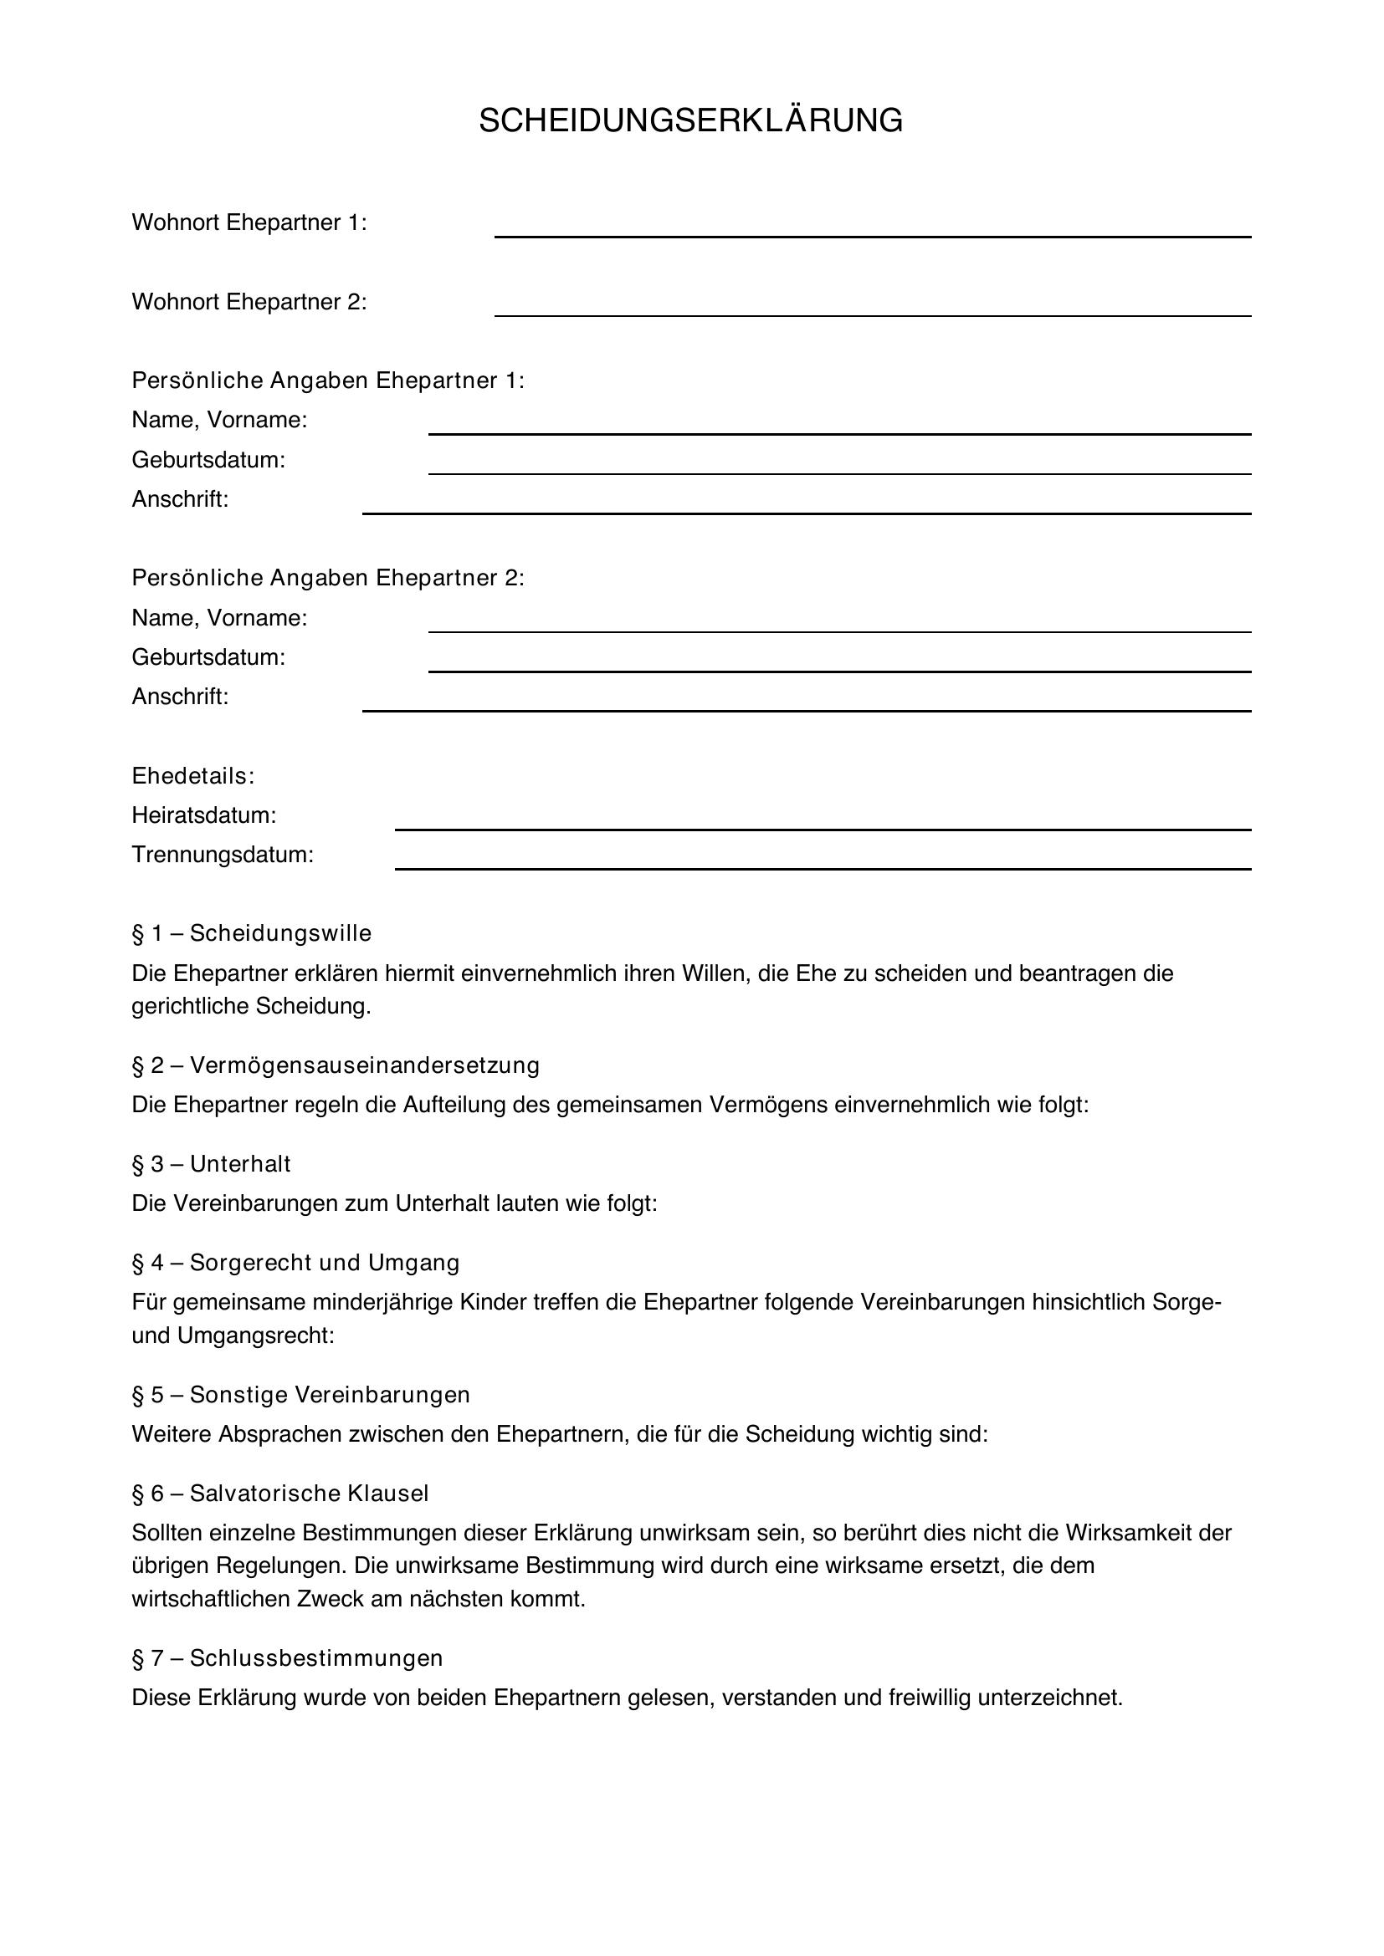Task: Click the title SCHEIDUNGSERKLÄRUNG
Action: [x=690, y=121]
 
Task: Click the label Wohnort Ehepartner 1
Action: [x=249, y=222]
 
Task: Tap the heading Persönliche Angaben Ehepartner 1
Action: [x=328, y=380]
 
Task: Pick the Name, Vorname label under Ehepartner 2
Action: [x=219, y=618]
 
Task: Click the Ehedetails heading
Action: [x=192, y=776]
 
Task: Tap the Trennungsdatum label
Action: [x=223, y=855]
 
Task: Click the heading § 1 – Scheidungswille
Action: [x=251, y=933]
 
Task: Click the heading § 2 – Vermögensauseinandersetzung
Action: [x=336, y=1065]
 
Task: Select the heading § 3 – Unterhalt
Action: [x=212, y=1164]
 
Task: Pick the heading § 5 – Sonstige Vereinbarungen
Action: [x=301, y=1394]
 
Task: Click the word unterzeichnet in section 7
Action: [x=1049, y=1698]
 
